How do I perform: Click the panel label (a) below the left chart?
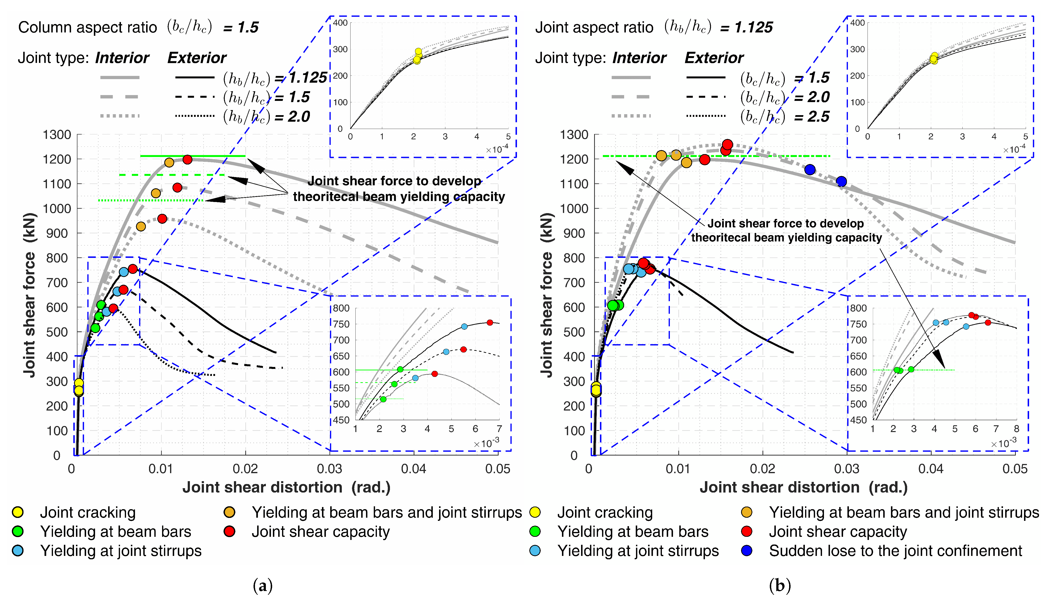tap(262, 585)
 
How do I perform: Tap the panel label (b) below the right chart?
tap(779, 585)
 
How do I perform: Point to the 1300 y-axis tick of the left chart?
tap(57, 135)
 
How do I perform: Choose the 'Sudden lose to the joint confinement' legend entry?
tap(895, 551)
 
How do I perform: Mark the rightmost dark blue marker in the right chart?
tap(841, 181)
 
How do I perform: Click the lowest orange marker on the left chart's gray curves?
tap(141, 226)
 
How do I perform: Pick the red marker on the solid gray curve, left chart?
tap(187, 159)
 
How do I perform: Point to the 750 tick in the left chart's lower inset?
tap(341, 324)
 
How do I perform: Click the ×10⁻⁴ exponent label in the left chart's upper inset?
tap(497, 149)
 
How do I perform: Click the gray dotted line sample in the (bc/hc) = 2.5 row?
tap(631, 116)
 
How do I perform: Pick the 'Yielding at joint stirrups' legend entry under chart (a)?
tap(121, 551)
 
